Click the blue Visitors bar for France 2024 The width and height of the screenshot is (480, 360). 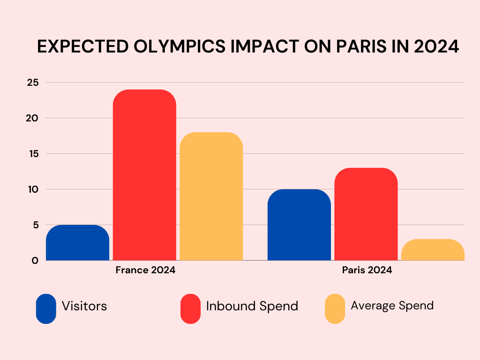(x=78, y=243)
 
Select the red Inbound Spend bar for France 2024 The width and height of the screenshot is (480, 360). (x=145, y=175)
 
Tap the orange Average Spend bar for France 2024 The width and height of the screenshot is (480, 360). (x=211, y=196)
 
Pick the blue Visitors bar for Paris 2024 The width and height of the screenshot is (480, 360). (x=299, y=225)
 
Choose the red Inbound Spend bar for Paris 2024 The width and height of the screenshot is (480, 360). (x=366, y=214)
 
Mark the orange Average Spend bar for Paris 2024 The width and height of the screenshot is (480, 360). (x=433, y=250)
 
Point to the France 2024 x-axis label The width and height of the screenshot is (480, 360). (x=145, y=270)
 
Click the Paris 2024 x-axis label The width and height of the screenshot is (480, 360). (x=367, y=270)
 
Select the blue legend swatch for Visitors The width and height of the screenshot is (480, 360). (x=46, y=308)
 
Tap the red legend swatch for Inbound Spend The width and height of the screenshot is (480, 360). (x=190, y=308)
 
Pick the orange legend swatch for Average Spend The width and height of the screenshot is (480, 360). (x=335, y=308)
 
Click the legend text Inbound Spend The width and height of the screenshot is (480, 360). (x=252, y=306)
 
